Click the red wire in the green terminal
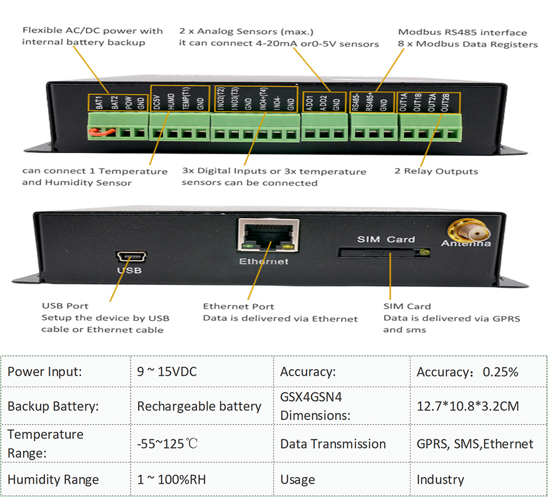tap(99, 133)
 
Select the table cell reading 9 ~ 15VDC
tap(167, 372)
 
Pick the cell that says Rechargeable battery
tap(199, 407)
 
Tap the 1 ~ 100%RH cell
tap(171, 479)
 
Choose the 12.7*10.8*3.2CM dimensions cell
tap(468, 407)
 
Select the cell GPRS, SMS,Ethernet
tap(475, 444)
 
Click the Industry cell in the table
tap(440, 479)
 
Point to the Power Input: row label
tap(45, 372)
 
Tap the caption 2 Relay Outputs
tap(436, 171)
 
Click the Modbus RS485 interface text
tap(462, 33)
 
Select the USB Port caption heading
tap(65, 306)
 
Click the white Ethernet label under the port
tap(264, 262)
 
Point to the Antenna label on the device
tap(466, 244)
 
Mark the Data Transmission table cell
tap(333, 444)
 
